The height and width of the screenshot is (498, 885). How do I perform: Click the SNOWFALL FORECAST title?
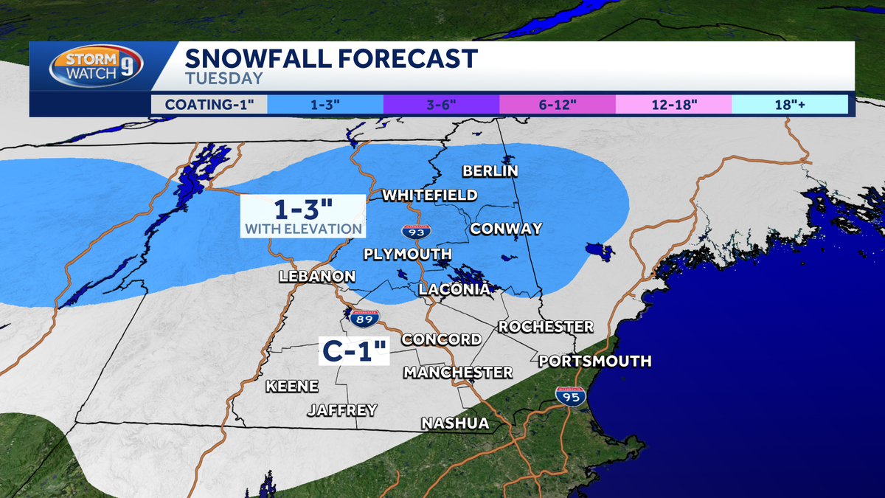click(x=331, y=58)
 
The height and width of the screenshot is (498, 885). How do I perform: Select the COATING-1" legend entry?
click(x=209, y=104)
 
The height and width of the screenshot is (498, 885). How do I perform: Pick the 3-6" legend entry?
click(x=441, y=104)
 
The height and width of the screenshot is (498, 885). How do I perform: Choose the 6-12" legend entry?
click(x=558, y=104)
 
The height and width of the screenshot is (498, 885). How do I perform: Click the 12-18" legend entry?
click(x=673, y=104)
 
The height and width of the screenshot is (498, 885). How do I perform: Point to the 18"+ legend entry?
click(x=790, y=104)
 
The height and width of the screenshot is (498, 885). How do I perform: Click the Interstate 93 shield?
click(x=417, y=230)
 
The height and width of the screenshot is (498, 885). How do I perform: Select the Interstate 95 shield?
click(x=570, y=397)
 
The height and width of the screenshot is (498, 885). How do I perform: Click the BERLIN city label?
click(x=490, y=171)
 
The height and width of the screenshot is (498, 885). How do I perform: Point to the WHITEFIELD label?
click(x=429, y=195)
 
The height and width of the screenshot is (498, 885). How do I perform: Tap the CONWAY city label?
click(x=506, y=228)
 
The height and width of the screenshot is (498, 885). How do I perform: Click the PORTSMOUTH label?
click(x=595, y=361)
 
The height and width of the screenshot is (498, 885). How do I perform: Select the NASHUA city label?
click(x=455, y=423)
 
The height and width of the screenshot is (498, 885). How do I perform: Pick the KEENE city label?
click(x=292, y=386)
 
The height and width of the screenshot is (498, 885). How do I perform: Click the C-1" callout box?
click(x=354, y=350)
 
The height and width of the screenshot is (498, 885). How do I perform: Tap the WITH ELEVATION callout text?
click(x=304, y=229)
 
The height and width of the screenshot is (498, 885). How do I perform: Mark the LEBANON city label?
click(x=317, y=276)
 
